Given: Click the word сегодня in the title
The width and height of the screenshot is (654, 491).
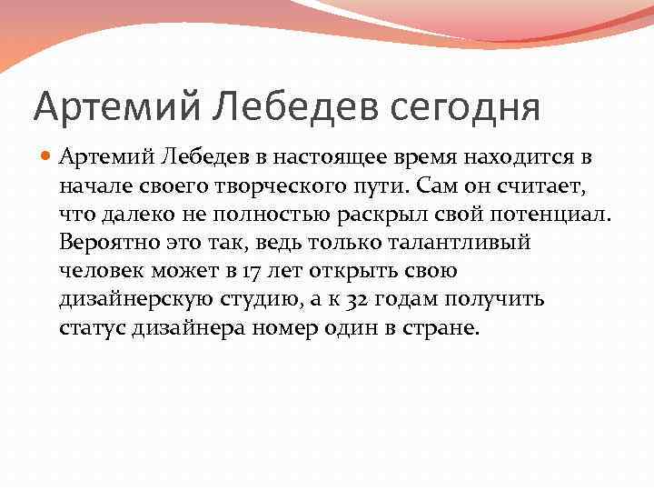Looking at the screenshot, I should click(466, 106).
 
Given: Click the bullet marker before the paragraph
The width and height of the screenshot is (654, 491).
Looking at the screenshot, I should click(45, 156).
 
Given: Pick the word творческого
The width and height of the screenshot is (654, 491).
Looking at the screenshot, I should click(286, 185).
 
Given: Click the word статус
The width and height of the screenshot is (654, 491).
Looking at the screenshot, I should click(90, 328).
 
